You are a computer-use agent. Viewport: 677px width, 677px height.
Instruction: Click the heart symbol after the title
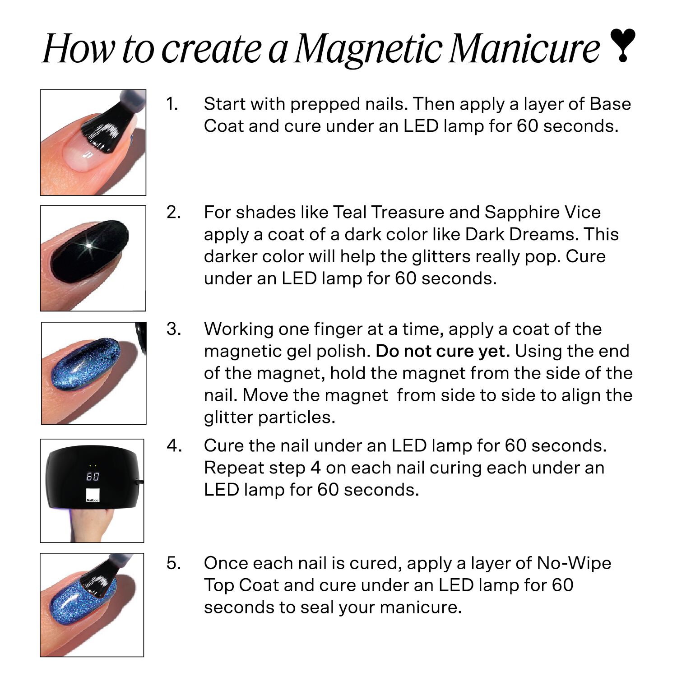622,45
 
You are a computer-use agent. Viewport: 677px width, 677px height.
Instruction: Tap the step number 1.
172,104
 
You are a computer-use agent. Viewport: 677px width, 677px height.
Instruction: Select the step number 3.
174,329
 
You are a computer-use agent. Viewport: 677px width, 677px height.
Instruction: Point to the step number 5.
174,563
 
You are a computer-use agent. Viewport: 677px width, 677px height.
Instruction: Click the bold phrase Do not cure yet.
442,351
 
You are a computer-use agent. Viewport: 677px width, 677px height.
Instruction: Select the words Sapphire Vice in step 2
543,212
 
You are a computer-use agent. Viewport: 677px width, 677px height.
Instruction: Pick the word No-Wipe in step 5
574,563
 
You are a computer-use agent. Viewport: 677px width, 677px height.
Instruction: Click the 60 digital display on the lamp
93,476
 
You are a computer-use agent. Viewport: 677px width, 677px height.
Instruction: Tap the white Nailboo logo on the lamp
93,495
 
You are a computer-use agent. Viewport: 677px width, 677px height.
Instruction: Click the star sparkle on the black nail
89,246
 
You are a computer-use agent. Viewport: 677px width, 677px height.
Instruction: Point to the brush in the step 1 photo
111,129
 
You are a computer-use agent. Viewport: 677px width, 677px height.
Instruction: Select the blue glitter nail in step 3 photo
86,365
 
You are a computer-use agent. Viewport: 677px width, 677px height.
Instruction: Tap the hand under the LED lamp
93,524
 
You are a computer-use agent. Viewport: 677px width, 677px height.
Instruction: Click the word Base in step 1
610,104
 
